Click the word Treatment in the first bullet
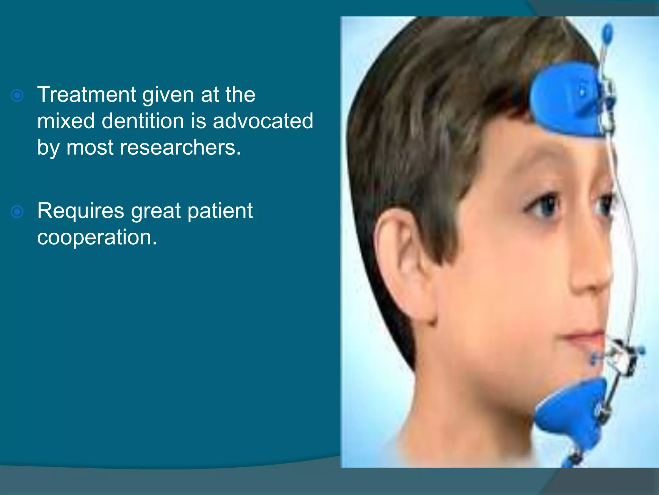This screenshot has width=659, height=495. click(86, 95)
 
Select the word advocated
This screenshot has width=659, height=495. click(263, 121)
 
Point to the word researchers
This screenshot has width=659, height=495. click(180, 148)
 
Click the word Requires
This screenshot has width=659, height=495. click(80, 211)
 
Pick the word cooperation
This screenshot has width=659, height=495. click(97, 238)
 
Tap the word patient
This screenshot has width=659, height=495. click(220, 211)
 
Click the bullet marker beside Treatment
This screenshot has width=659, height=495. click(17, 96)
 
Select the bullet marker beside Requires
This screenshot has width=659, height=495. click(17, 212)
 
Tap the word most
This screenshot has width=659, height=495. click(90, 148)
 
